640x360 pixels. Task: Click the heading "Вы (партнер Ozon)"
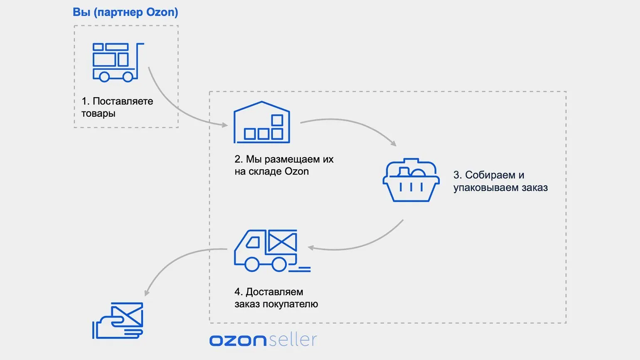(x=125, y=12)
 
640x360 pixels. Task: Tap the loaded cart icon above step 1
(x=118, y=62)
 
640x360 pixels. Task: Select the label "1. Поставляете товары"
(x=117, y=107)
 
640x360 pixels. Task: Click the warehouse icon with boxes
(x=261, y=123)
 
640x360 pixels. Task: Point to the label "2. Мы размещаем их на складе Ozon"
(x=284, y=165)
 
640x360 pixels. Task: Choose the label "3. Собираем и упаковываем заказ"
(x=500, y=181)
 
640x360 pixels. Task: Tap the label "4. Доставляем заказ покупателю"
(x=276, y=298)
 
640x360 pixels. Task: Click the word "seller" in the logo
(x=293, y=340)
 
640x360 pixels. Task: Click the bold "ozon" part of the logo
(x=238, y=340)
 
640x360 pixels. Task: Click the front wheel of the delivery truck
(x=252, y=264)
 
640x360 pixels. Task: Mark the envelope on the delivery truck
(x=282, y=241)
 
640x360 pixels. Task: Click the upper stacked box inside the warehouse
(x=277, y=120)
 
